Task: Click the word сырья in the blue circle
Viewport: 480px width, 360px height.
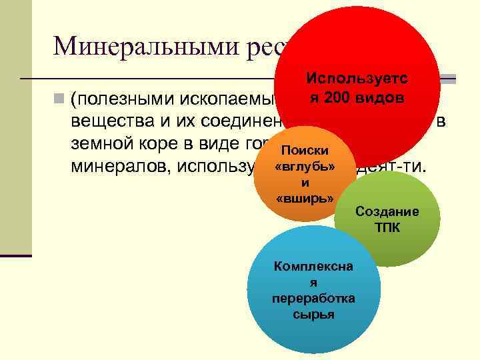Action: (313, 314)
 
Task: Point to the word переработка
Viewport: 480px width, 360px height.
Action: (313, 299)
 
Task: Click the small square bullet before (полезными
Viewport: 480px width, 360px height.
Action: (60, 100)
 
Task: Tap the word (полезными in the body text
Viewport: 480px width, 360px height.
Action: (121, 101)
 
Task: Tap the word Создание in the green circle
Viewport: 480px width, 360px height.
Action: (387, 212)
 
